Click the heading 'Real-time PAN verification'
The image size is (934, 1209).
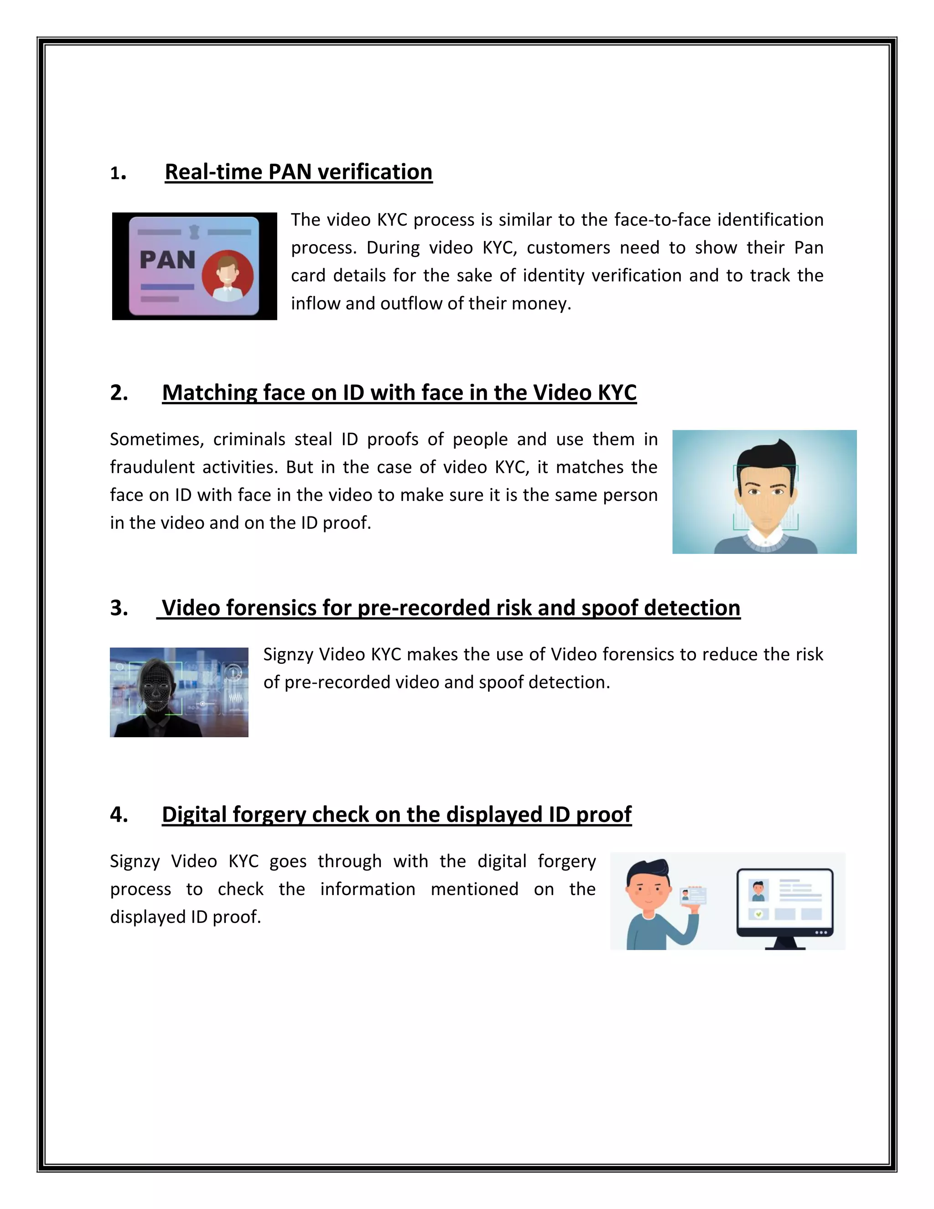298,172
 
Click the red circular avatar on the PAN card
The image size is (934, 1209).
228,275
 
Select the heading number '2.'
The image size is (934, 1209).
119,392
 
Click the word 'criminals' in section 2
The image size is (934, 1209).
249,439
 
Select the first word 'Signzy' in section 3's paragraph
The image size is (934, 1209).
287,654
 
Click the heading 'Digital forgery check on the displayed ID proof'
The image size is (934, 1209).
396,814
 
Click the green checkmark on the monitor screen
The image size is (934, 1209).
758,914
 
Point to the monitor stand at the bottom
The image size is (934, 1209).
785,943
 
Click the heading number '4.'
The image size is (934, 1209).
119,814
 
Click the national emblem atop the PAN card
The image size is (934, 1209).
194,231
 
